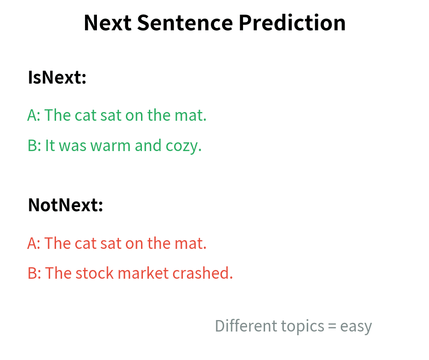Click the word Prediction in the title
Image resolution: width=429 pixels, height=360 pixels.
292,23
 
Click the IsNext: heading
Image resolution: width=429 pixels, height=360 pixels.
57,78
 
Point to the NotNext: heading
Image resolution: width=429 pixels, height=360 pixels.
65,205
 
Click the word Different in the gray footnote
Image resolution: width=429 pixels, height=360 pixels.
240,326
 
